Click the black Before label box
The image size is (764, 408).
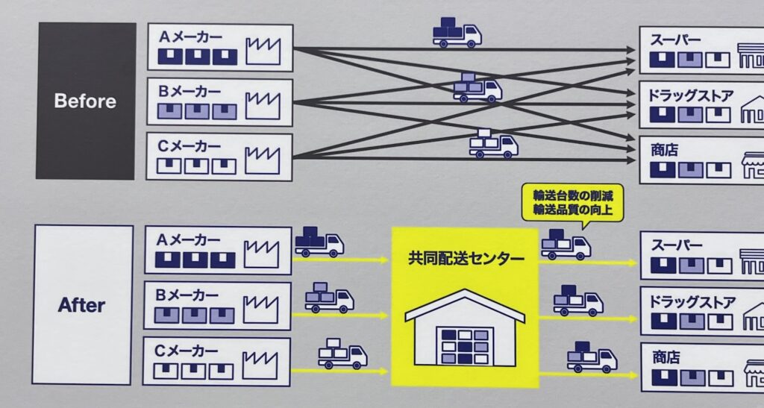tap(86, 101)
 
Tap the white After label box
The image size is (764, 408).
tap(82, 305)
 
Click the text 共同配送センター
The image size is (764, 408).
tap(466, 258)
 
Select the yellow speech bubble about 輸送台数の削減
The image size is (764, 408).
tap(572, 203)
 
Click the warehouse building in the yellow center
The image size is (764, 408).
tap(465, 328)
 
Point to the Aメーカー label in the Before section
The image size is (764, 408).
tap(190, 37)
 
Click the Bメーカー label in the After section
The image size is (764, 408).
tap(187, 295)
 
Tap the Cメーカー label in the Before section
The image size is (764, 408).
tap(189, 146)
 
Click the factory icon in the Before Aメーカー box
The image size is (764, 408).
tap(263, 51)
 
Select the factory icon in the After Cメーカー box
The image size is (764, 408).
tap(260, 365)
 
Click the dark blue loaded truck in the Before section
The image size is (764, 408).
tap(457, 33)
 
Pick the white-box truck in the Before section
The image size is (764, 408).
tap(493, 144)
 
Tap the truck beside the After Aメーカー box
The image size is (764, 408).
tap(319, 242)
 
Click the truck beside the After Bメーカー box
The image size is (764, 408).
tap(329, 298)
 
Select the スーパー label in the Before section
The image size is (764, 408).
tap(675, 40)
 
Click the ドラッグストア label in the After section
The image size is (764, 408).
tap(692, 303)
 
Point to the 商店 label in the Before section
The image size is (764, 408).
tap(665, 150)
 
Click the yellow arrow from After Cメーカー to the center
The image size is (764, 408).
tap(339, 371)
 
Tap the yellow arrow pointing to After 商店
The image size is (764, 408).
tap(589, 375)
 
